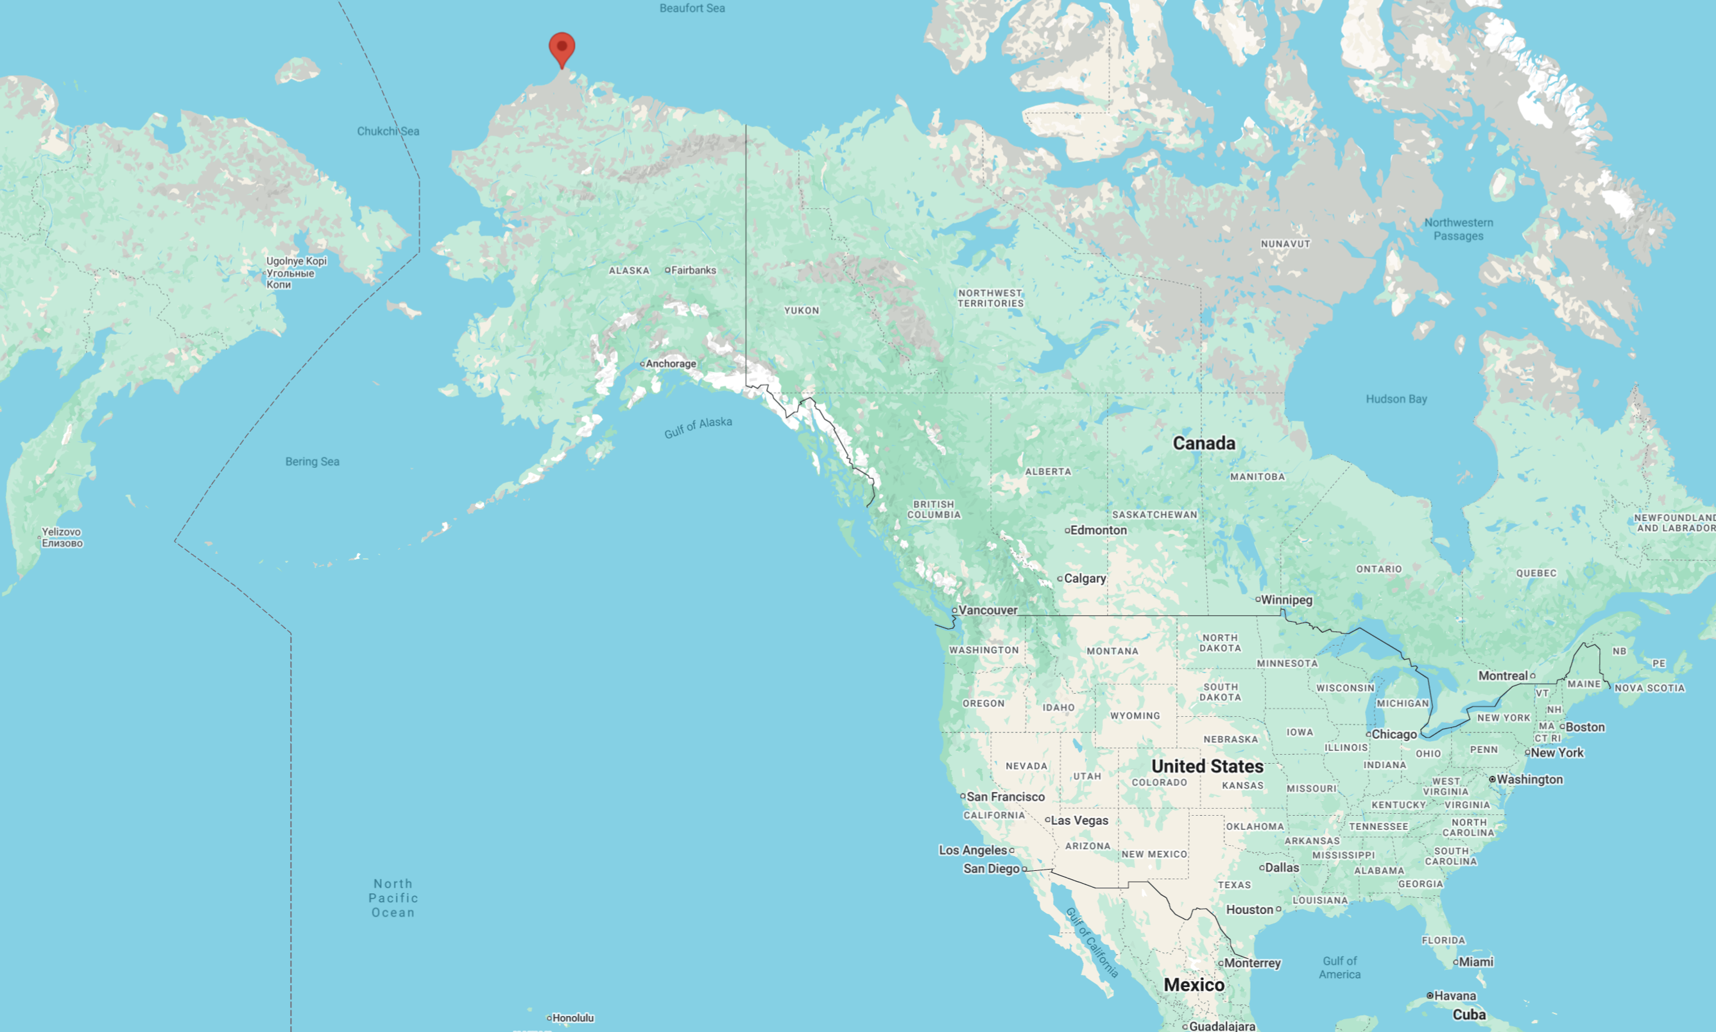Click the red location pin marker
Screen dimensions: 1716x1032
coord(562,47)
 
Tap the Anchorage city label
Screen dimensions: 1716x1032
coord(669,364)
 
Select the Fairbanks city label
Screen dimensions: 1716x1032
coord(692,271)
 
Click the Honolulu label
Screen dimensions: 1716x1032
coord(572,1018)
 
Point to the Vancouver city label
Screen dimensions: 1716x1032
coord(988,610)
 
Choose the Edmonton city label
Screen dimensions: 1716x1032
coord(1098,531)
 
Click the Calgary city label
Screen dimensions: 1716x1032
coord(1084,579)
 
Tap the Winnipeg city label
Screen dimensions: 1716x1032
coord(1285,600)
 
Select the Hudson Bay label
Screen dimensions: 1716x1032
coord(1396,399)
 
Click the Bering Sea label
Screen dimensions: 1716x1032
coord(312,461)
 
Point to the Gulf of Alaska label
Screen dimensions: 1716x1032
coord(698,427)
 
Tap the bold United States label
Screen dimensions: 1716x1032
coord(1208,766)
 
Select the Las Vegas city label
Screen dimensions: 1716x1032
coord(1079,821)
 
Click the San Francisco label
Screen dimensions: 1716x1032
coord(1005,797)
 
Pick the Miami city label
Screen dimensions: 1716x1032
coord(1475,963)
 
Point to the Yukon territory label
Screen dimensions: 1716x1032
coord(802,311)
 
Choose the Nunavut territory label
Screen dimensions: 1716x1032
coord(1285,244)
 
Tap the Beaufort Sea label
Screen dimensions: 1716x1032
coord(692,8)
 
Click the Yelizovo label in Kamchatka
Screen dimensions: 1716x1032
coord(62,538)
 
